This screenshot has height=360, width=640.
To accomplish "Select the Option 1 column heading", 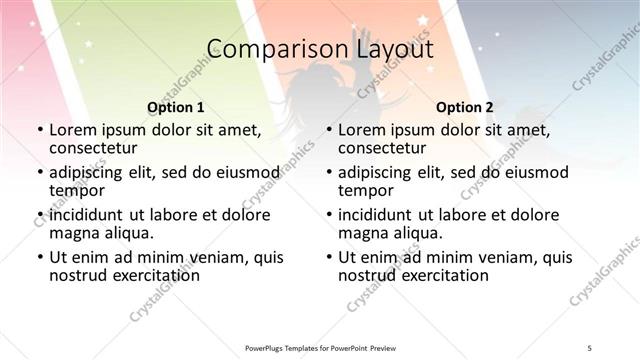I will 176,106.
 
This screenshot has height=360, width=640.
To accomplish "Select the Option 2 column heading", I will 465,106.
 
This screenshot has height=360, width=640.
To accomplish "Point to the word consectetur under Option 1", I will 95,148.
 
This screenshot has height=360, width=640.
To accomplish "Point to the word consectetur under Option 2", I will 384,148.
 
